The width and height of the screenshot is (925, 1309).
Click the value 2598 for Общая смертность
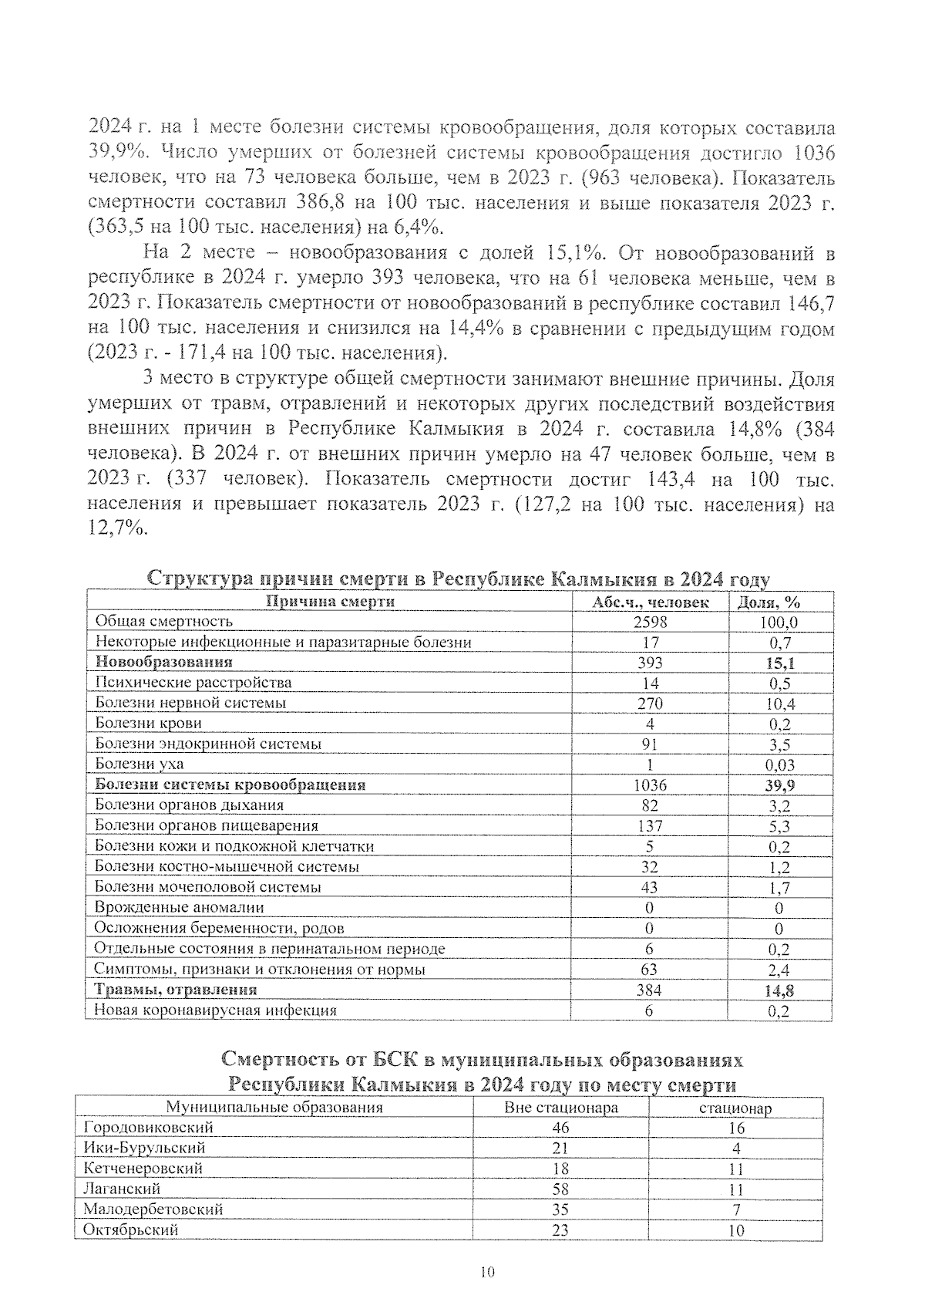(650, 622)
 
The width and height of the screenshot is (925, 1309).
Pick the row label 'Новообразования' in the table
(163, 662)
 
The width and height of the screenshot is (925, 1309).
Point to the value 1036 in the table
(650, 785)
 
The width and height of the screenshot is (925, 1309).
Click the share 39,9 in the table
(779, 785)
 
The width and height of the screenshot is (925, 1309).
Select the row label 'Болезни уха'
(139, 764)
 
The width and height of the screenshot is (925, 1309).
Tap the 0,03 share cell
(779, 765)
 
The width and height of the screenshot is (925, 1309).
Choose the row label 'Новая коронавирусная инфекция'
(215, 1010)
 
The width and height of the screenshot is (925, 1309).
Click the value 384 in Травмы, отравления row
(650, 990)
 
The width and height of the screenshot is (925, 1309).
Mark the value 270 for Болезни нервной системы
(650, 703)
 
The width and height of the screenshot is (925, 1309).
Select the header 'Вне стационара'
(560, 1108)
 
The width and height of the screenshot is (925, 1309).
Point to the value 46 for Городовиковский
(560, 1128)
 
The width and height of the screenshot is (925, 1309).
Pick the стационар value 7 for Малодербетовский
(736, 1209)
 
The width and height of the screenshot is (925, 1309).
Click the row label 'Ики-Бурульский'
(144, 1148)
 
